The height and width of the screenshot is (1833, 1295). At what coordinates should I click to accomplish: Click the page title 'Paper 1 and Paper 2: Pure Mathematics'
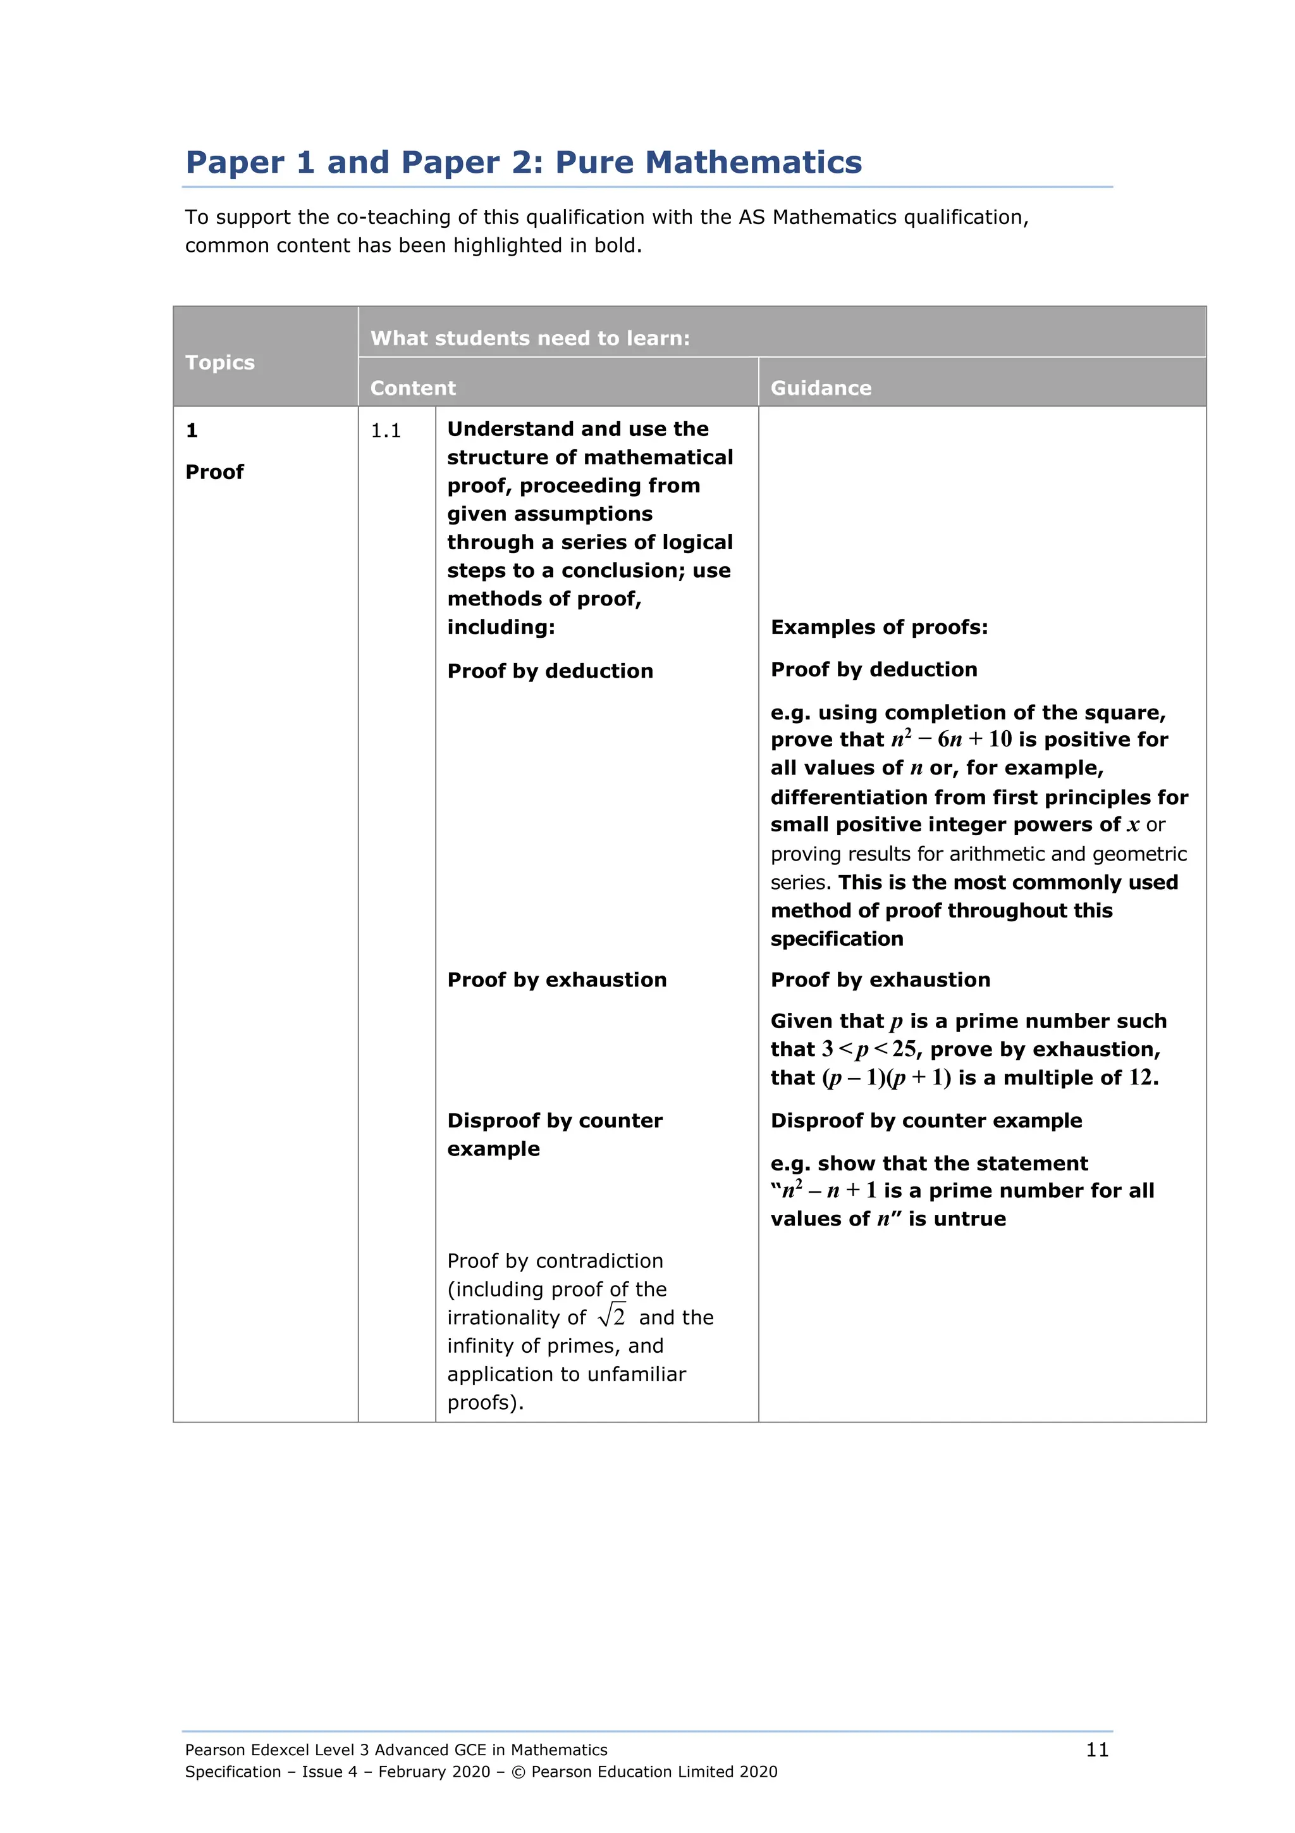click(x=524, y=162)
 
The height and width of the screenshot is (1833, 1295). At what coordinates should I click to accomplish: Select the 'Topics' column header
click(x=219, y=363)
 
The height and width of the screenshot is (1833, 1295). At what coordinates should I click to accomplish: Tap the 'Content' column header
click(x=412, y=388)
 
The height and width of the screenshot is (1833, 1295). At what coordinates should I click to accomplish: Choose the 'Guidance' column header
click(x=820, y=388)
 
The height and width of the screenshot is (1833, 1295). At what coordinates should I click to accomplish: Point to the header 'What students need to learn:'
click(x=530, y=339)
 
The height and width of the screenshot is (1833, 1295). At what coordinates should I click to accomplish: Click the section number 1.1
click(x=385, y=431)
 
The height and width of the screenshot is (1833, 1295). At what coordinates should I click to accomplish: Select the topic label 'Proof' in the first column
click(x=214, y=472)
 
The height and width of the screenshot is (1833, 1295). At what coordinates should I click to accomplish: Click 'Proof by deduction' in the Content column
click(x=549, y=671)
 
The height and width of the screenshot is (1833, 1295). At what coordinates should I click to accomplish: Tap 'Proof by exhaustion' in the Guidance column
click(x=880, y=979)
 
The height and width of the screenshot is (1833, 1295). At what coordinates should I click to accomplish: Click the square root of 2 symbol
click(x=612, y=1315)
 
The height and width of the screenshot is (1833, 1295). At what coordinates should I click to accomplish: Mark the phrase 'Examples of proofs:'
click(x=878, y=628)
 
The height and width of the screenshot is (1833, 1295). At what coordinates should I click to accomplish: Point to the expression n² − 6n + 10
click(x=951, y=739)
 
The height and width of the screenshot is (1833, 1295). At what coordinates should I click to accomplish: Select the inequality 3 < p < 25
click(x=869, y=1049)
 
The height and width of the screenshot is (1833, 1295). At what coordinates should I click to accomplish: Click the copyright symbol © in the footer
click(x=518, y=1772)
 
